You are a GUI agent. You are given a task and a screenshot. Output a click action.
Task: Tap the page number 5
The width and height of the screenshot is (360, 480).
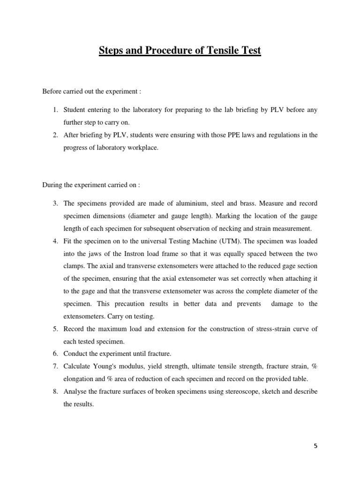point(315,446)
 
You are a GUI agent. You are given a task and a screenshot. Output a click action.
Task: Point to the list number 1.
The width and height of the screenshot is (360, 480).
point(54,110)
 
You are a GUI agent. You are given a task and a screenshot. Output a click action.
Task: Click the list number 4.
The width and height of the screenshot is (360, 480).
point(54,240)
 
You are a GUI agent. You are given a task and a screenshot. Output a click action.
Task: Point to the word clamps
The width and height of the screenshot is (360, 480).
point(73,266)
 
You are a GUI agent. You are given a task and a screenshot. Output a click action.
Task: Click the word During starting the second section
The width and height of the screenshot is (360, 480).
point(52,185)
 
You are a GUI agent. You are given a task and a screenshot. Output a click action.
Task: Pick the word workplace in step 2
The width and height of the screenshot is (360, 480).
point(138,148)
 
